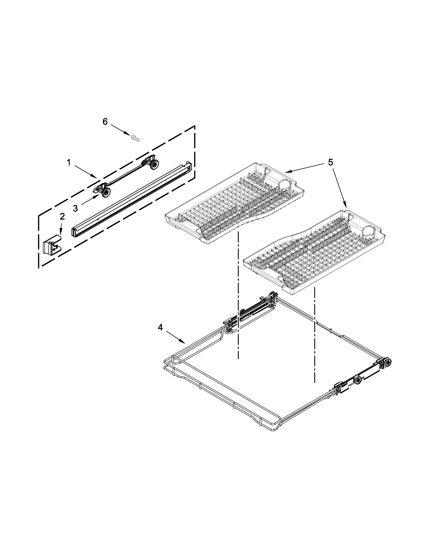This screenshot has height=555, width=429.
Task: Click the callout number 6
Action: click(x=105, y=122)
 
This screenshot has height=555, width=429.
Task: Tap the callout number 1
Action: click(x=69, y=163)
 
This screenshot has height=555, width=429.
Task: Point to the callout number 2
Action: click(x=62, y=216)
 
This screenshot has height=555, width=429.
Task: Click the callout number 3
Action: click(x=75, y=208)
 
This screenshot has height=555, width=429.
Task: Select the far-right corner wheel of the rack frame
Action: click(x=388, y=362)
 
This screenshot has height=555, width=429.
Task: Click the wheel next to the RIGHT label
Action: click(x=359, y=387)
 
